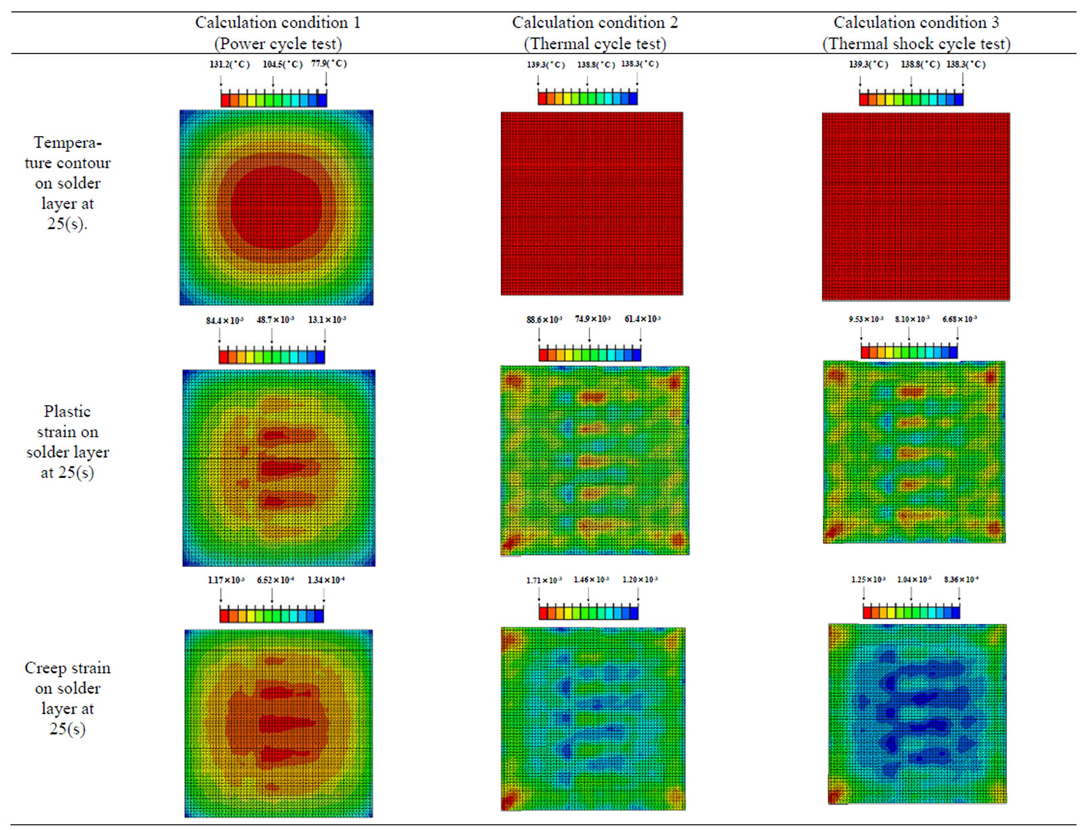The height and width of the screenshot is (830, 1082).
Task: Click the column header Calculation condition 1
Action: click(278, 22)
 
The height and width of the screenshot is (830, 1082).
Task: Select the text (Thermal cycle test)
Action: click(594, 44)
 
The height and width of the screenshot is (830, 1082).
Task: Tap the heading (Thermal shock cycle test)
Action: click(916, 44)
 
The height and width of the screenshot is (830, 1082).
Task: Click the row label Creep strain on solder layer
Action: click(68, 698)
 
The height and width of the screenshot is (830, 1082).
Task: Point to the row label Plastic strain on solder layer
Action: click(68, 441)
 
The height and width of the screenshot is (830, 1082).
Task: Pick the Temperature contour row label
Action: click(68, 182)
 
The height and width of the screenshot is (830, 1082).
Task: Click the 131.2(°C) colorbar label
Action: click(229, 64)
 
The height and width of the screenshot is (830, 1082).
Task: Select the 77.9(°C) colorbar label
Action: click(329, 64)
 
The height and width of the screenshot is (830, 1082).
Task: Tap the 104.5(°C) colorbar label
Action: click(282, 64)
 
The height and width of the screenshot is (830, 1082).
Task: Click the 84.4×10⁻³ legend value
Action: click(224, 320)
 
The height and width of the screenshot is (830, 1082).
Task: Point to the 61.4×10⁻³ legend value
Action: click(642, 319)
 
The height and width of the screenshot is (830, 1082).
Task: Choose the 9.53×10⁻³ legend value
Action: click(866, 319)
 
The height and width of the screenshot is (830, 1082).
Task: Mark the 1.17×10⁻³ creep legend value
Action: click(226, 580)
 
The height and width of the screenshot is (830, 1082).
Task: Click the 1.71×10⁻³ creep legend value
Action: click(544, 580)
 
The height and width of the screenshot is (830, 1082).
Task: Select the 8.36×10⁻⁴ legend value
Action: click(961, 579)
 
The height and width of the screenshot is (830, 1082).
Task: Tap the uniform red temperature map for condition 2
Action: click(592, 203)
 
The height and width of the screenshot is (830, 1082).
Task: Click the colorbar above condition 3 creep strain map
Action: click(911, 612)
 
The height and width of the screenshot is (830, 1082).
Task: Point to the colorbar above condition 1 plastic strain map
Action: click(272, 356)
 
